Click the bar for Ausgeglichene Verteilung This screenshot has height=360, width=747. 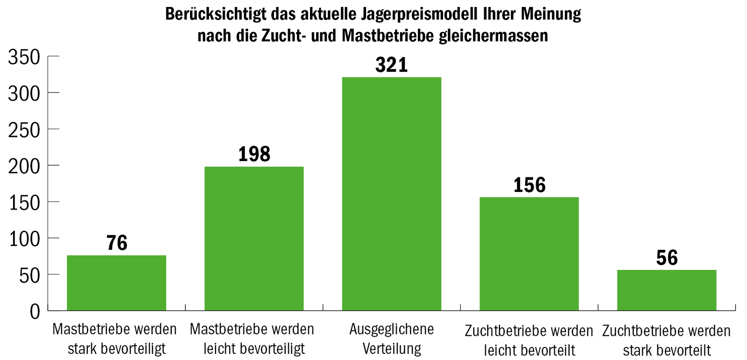[x=391, y=194]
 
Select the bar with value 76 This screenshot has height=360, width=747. [x=117, y=282]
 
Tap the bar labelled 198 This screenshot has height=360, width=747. [x=254, y=238]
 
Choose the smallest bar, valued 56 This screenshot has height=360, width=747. [x=666, y=290]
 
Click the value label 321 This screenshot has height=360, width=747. [x=391, y=65]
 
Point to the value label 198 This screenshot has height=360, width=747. [x=254, y=155]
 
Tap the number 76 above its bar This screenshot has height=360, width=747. [x=117, y=243]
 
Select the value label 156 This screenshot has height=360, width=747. [x=529, y=185]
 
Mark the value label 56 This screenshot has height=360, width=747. [x=666, y=258]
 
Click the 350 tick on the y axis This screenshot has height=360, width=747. [x=24, y=57]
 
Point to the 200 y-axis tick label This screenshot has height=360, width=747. [x=24, y=167]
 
